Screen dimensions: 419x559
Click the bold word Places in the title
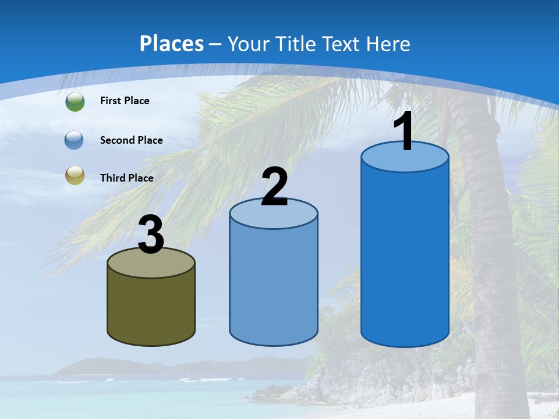[172, 44]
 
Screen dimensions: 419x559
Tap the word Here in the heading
[388, 44]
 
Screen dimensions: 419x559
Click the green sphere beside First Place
[75, 101]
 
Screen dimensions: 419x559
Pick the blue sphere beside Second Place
[75, 140]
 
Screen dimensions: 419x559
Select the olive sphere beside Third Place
[75, 175]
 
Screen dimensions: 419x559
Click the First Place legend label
[125, 101]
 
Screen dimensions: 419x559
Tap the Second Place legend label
[131, 140]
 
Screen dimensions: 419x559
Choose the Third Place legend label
[126, 178]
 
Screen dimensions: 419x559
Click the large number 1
[404, 132]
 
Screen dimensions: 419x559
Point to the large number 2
[274, 187]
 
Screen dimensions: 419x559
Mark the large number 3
[151, 235]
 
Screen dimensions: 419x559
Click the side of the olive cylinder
[151, 308]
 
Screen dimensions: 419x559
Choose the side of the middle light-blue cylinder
[274, 285]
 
